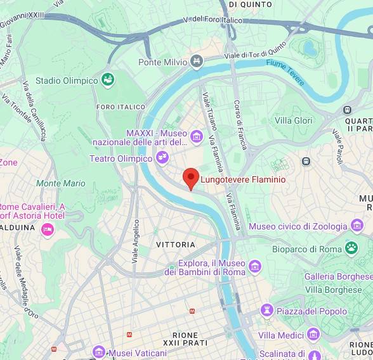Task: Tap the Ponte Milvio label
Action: click(x=163, y=62)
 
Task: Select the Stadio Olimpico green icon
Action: click(x=108, y=80)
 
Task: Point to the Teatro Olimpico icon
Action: click(x=163, y=157)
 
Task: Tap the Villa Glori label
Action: click(x=293, y=120)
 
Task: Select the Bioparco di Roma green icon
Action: click(x=351, y=248)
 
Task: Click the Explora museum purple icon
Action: click(x=255, y=266)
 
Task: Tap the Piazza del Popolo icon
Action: click(x=266, y=311)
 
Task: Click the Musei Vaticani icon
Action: click(x=98, y=352)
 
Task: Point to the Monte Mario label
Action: click(x=61, y=183)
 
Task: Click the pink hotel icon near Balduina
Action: click(x=47, y=229)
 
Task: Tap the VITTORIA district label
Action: click(x=176, y=244)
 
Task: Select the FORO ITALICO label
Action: click(x=121, y=107)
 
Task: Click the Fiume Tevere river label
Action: click(x=285, y=73)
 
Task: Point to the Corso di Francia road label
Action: click(x=239, y=124)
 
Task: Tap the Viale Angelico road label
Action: click(x=135, y=241)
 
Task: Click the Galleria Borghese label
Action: click(x=337, y=276)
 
